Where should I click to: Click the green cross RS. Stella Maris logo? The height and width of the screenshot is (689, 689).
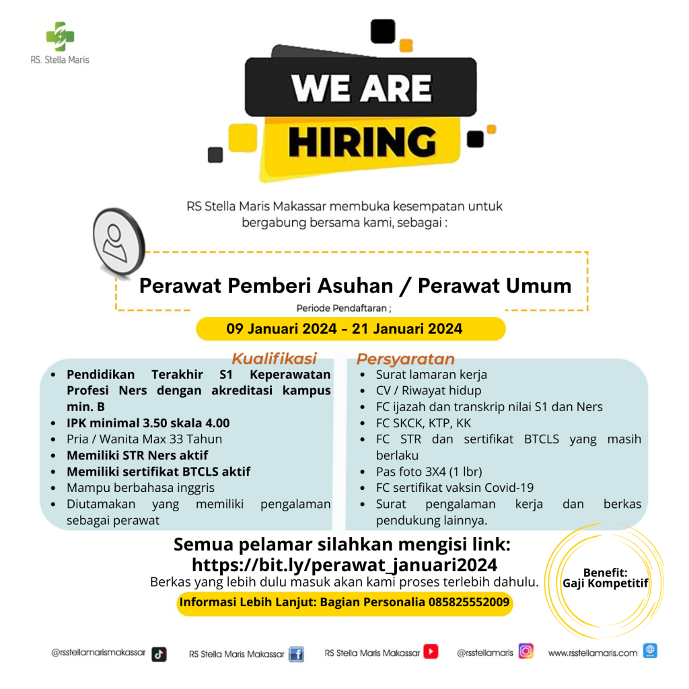(x=60, y=36)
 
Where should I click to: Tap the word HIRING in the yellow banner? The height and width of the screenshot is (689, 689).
(x=362, y=141)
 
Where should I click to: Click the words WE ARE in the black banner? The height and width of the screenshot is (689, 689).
(x=361, y=88)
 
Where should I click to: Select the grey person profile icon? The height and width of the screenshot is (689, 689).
(x=118, y=242)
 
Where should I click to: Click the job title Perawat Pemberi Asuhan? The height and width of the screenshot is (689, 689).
(x=266, y=285)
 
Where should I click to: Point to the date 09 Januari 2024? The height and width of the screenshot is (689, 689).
(x=282, y=328)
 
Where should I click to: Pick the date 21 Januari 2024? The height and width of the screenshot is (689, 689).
(x=407, y=328)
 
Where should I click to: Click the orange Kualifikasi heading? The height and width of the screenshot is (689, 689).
(x=275, y=359)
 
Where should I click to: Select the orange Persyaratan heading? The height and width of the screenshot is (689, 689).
(x=405, y=359)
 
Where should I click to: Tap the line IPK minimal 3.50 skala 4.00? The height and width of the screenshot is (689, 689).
(x=148, y=423)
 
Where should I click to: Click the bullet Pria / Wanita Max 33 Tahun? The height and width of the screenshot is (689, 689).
(x=144, y=439)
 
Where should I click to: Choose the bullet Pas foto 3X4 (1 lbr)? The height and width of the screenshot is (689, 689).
(x=429, y=472)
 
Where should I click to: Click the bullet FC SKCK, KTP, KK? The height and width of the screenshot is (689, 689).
(x=423, y=423)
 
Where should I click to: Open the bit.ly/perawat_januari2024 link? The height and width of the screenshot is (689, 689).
(x=344, y=565)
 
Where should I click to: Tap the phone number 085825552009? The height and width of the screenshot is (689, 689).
(x=469, y=602)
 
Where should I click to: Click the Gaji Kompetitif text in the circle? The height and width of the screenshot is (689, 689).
(x=605, y=583)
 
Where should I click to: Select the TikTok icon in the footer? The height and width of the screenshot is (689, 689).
(x=159, y=654)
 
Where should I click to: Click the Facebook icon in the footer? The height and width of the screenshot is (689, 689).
(x=297, y=654)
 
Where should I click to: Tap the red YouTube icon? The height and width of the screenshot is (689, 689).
(x=431, y=651)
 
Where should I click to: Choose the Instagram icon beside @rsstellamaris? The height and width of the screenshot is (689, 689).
(x=526, y=651)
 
